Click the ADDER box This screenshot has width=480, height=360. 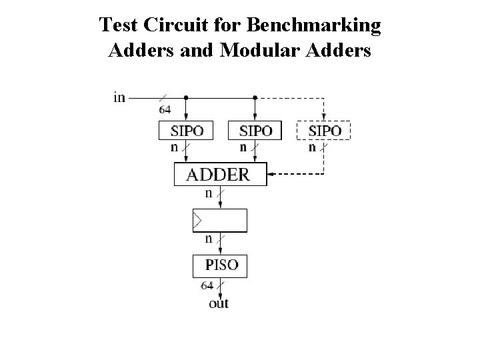[220, 175]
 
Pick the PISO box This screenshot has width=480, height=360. [220, 265]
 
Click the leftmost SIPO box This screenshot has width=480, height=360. [185, 130]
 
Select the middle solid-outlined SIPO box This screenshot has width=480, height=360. [254, 130]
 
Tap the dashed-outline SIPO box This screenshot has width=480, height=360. [323, 130]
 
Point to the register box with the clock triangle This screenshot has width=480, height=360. [220, 220]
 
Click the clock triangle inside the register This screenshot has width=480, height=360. [197, 219]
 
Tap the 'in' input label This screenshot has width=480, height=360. [119, 97]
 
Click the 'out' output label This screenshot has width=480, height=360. [219, 303]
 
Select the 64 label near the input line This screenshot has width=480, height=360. [165, 109]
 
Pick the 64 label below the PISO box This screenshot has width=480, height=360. [207, 286]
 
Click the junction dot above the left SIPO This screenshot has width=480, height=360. [185, 97]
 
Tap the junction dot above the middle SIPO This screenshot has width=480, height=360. [255, 97]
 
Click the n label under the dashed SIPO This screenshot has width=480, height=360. [312, 147]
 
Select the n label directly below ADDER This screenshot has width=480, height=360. [208, 193]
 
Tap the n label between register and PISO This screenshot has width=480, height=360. [208, 239]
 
